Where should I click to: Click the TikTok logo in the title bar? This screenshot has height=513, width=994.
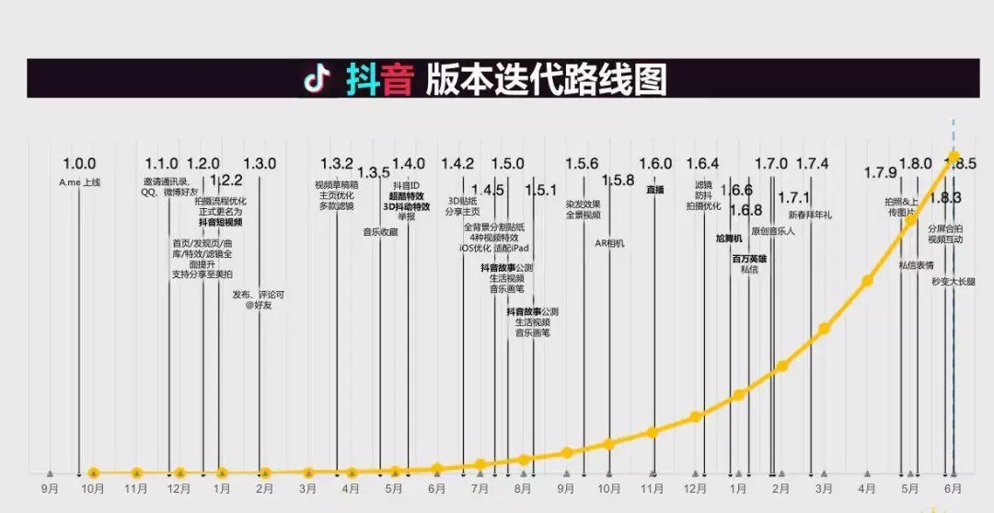click(x=318, y=79)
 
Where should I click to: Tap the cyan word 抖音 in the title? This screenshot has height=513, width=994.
click(x=379, y=79)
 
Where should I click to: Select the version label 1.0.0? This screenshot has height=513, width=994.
click(x=79, y=164)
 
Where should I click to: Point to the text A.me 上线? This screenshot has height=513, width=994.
click(x=79, y=182)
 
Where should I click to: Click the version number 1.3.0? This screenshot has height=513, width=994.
click(x=260, y=164)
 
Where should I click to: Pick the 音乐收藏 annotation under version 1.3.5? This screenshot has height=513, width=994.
click(x=380, y=232)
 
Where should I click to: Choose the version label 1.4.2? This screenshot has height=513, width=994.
click(x=457, y=164)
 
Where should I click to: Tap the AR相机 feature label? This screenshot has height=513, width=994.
click(x=608, y=243)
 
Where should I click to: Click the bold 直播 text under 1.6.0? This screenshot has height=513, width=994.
click(x=654, y=189)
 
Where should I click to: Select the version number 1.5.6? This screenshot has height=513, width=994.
click(x=582, y=164)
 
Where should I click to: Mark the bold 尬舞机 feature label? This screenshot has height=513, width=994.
click(x=728, y=239)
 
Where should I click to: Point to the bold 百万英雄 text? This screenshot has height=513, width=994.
click(x=749, y=259)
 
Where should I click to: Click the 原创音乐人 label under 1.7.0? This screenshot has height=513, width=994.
click(x=773, y=231)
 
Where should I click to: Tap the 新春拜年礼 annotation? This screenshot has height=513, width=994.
click(x=810, y=216)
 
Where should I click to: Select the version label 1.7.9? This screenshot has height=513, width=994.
click(x=880, y=172)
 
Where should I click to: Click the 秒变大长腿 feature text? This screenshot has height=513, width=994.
click(x=954, y=281)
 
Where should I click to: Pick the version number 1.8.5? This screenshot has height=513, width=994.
click(x=959, y=164)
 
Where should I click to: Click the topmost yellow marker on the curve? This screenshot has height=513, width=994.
click(x=954, y=156)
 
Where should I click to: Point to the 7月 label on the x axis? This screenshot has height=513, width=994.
click(x=480, y=489)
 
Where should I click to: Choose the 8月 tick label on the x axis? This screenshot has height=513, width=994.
click(x=523, y=489)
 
